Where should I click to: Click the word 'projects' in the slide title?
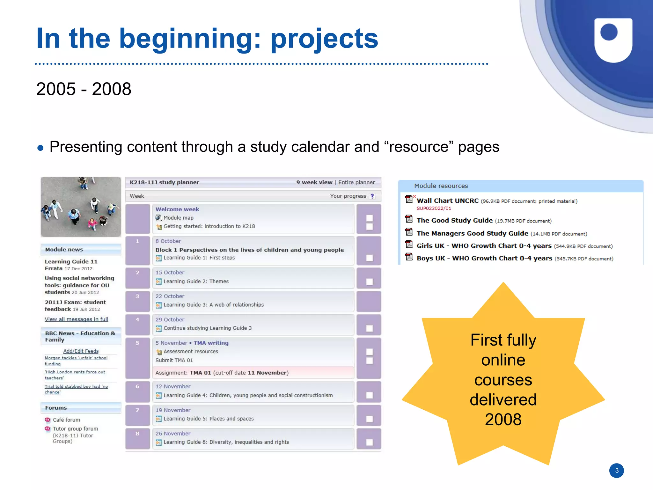point(324,39)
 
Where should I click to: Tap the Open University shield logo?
point(613,40)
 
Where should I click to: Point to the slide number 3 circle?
point(616,470)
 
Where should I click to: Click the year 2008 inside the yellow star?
point(503,420)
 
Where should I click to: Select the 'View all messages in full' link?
point(76,319)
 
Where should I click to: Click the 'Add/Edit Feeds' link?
point(81,351)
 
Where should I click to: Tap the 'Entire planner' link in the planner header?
point(356,182)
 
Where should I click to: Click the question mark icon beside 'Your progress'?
point(372,196)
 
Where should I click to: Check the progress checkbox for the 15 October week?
point(369,282)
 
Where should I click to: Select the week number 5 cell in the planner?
point(137,343)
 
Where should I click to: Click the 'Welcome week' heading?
point(177,209)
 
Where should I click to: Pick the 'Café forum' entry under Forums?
point(66,420)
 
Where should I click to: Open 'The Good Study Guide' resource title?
point(454,220)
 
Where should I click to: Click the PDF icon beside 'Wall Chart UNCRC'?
point(409,200)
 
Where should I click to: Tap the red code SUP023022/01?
point(434,208)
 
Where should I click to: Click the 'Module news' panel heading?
point(64,250)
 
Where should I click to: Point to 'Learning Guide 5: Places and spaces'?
point(209,419)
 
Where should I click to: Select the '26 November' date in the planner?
point(173,434)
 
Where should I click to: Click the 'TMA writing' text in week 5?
point(211,343)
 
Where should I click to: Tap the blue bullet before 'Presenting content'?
point(40,148)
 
